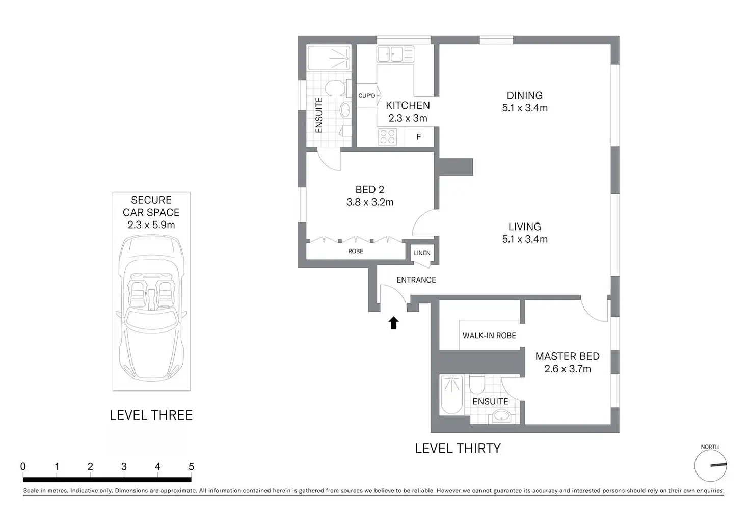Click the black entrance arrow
(x=393, y=323)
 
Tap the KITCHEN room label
(x=408, y=106)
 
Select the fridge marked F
(x=419, y=137)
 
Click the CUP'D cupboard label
(x=367, y=96)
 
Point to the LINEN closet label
(x=422, y=253)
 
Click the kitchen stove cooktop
(x=387, y=137)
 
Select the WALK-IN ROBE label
(x=489, y=336)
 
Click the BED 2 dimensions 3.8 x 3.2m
(x=370, y=202)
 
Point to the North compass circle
(x=710, y=465)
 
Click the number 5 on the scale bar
(x=191, y=466)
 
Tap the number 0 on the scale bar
(x=23, y=466)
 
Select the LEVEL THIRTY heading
(x=458, y=449)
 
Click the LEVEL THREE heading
(x=151, y=415)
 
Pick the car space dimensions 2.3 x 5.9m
(x=151, y=225)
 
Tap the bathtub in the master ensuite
(x=451, y=395)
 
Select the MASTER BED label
(x=568, y=356)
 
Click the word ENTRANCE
(x=416, y=280)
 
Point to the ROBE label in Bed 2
(x=356, y=252)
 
